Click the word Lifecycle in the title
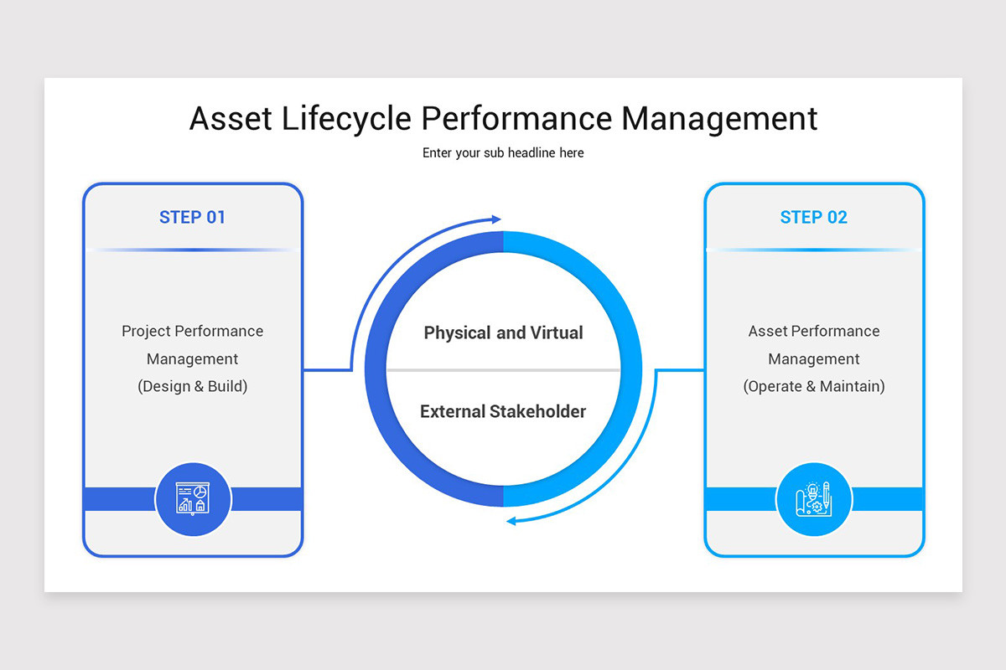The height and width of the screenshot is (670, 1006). [346, 119]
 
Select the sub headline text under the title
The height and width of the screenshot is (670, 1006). [503, 153]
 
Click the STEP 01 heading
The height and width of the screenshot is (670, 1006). [192, 218]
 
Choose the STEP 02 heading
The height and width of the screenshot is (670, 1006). [813, 218]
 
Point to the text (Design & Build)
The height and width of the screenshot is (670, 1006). [192, 386]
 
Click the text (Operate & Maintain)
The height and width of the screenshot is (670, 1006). [813, 386]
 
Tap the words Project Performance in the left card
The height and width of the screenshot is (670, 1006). [192, 331]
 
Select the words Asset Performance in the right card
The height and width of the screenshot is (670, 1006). [813, 331]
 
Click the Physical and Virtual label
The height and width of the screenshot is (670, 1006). [503, 332]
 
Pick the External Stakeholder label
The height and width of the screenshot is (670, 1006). [503, 411]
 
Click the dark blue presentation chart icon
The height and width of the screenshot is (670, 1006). [192, 499]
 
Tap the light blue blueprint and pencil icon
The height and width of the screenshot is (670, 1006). [813, 499]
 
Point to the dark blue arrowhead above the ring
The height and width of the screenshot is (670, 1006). [495, 219]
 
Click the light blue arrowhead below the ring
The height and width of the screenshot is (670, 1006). [512, 521]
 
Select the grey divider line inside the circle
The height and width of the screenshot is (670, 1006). [503, 370]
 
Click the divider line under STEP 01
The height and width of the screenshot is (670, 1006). [192, 250]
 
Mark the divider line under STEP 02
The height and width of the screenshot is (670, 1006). [813, 250]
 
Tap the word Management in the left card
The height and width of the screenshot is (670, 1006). [192, 358]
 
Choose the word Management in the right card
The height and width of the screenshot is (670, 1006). [813, 358]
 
